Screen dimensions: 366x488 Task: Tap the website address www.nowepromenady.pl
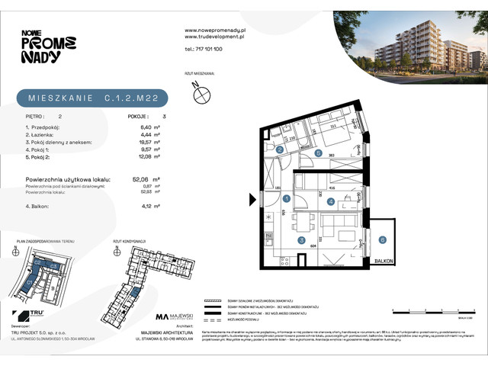tap(213, 30)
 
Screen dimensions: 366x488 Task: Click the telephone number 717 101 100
tap(204, 48)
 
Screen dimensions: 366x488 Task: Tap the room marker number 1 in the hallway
tap(287, 198)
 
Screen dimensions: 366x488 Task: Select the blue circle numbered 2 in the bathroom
tap(280, 150)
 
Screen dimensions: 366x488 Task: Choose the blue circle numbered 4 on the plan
tap(330, 202)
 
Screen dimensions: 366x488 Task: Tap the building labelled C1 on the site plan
tap(32, 281)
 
